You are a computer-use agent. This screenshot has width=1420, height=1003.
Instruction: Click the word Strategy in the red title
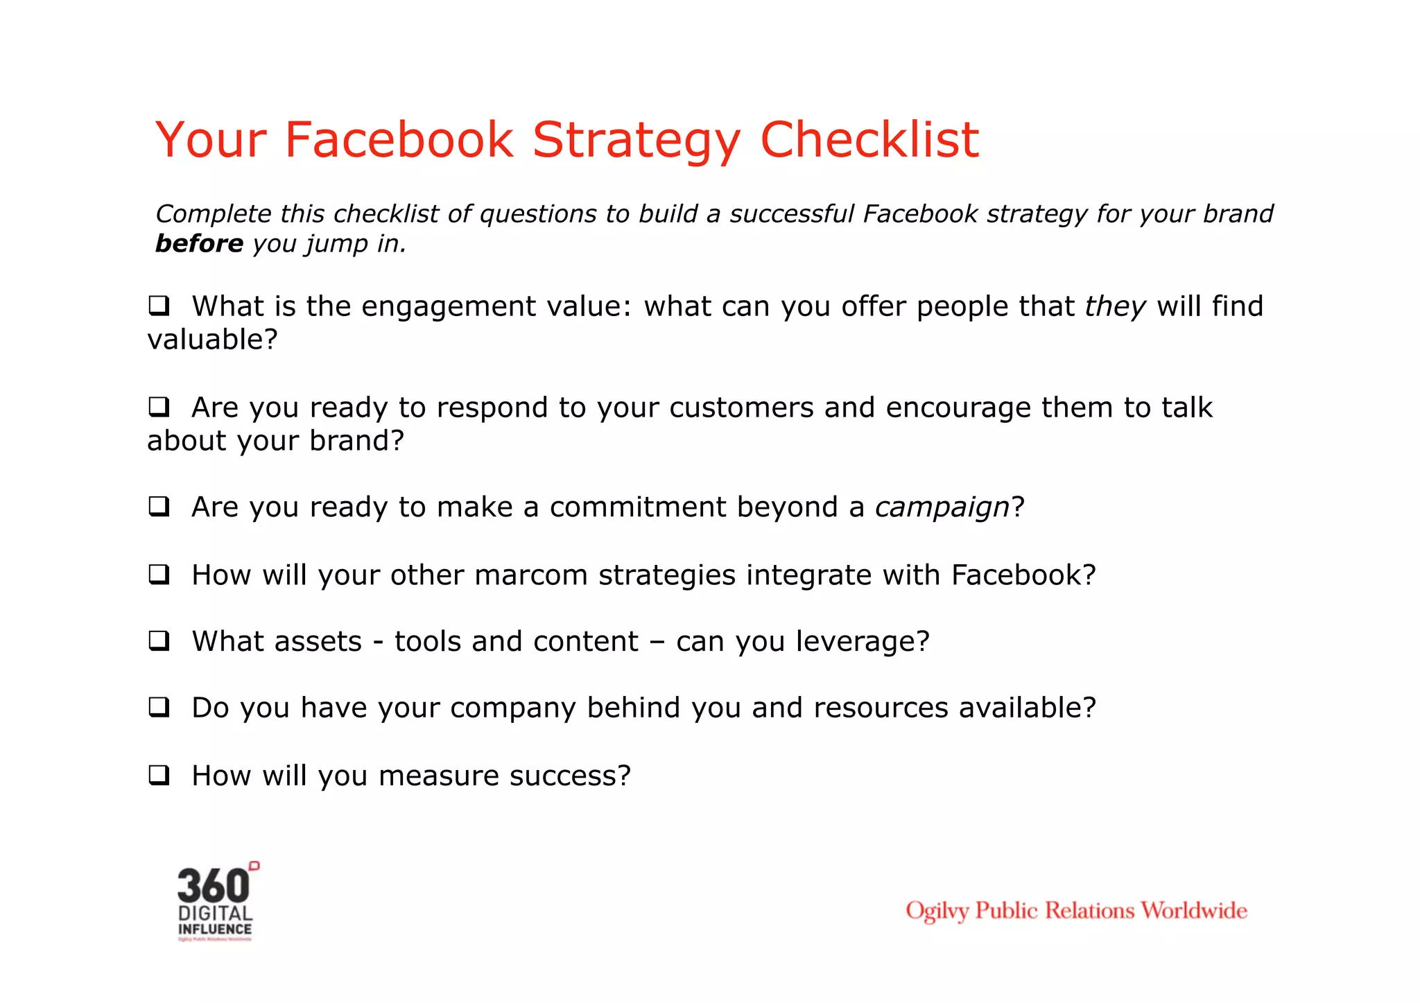pos(636,141)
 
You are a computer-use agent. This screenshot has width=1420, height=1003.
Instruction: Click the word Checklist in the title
pos(869,141)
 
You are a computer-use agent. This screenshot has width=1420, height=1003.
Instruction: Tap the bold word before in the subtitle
pos(199,244)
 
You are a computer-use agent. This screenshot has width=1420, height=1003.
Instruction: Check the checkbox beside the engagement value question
pos(159,306)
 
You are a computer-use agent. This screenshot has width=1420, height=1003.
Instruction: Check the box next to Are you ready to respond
pos(159,407)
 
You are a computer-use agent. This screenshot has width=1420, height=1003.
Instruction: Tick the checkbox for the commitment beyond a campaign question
pos(159,507)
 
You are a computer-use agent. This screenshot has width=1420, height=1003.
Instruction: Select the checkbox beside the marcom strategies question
pos(159,575)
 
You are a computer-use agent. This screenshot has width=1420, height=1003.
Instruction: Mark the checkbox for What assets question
pos(159,641)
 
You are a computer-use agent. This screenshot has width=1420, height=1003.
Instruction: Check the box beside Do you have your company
pos(159,708)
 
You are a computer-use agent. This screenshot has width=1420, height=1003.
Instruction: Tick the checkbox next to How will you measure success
pos(159,775)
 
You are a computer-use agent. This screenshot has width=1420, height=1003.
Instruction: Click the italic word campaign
pos(942,508)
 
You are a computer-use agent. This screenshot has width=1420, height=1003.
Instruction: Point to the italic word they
pos(1115,307)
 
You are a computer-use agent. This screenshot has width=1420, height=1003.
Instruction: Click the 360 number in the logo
pos(213,886)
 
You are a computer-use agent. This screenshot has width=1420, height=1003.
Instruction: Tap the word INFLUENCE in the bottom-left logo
pos(215,930)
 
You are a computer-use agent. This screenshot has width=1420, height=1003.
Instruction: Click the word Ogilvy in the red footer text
pos(937,911)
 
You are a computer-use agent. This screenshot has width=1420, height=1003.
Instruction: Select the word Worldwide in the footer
pos(1193,910)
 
